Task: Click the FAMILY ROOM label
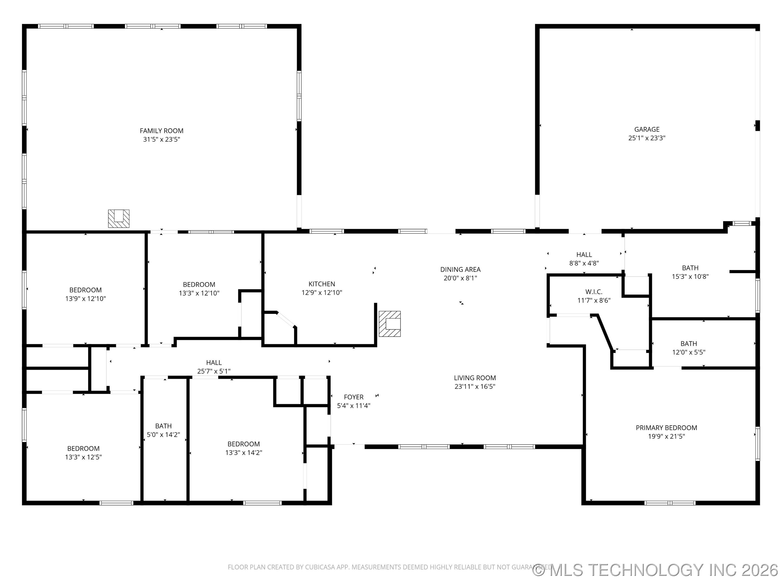[x=161, y=130]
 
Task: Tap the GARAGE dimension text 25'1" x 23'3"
[x=647, y=138]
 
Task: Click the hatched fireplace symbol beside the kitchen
[x=390, y=323]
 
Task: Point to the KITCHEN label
[x=321, y=284]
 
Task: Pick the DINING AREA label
[x=460, y=269]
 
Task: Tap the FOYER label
[x=353, y=397]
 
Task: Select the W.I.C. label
[x=594, y=292]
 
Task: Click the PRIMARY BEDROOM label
[x=666, y=427]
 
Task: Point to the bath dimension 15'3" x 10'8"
[x=690, y=276]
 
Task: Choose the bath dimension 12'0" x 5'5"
[x=688, y=352]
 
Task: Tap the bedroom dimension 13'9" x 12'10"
[x=85, y=298]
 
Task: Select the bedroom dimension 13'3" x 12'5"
[x=83, y=457]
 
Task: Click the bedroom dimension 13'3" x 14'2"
[x=243, y=452]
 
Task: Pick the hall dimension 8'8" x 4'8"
[x=584, y=263]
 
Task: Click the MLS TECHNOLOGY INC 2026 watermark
[x=656, y=570]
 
